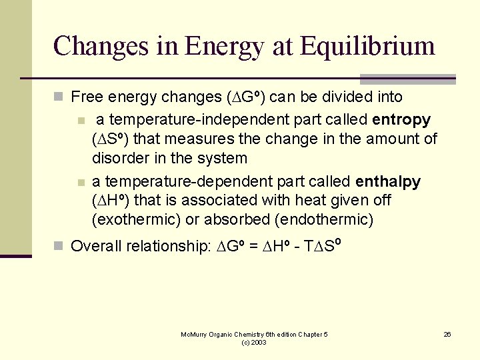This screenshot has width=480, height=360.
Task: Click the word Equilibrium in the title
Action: coord(367,47)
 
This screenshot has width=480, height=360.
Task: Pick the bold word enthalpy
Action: coord(388,181)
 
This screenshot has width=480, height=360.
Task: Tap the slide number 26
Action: coord(447,334)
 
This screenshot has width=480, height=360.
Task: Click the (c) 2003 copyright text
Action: coord(254,342)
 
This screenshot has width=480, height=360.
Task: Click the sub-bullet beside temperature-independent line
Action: coord(81,121)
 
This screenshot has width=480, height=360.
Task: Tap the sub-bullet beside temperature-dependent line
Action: coord(81,182)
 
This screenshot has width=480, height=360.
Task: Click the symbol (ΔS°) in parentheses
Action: coord(111,139)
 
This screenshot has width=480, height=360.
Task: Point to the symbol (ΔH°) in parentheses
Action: coord(111,201)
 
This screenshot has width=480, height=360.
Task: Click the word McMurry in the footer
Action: coord(194,334)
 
